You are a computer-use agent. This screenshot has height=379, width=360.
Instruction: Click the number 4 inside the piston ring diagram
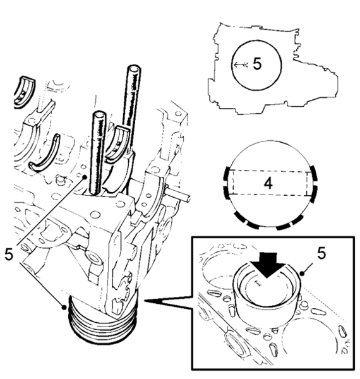tap(268, 183)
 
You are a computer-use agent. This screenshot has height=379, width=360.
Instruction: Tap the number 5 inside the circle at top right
tap(257, 64)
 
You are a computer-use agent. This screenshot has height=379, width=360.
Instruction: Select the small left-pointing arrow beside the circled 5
tap(241, 64)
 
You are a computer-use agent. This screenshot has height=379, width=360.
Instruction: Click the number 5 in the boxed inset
tap(321, 253)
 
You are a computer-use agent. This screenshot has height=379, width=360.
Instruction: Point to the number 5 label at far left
tap(9, 255)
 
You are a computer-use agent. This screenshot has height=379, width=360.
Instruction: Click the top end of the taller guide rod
tap(134, 68)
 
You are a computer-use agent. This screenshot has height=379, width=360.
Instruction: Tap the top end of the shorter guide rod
tap(99, 114)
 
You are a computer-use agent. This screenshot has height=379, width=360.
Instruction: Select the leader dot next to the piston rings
tap(64, 308)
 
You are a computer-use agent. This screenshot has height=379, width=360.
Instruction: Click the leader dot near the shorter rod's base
tap(85, 177)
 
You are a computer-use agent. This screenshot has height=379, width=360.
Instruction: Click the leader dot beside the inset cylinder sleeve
tap(301, 274)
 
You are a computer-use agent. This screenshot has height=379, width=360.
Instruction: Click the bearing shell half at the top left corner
tap(24, 92)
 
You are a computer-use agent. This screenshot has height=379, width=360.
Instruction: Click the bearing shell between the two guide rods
tap(117, 145)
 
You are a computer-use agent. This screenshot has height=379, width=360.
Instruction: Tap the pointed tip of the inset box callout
tap(145, 301)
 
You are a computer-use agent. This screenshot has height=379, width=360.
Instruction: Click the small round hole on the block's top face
tap(95, 214)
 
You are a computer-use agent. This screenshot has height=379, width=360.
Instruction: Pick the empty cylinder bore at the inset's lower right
tap(311, 339)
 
